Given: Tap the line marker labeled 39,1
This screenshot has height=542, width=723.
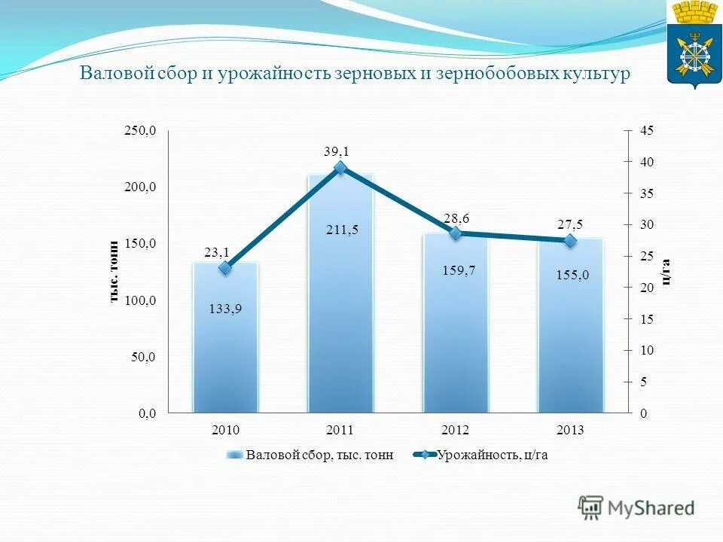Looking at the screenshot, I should (340, 168).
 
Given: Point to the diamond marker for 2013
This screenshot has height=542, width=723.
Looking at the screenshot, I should (570, 241).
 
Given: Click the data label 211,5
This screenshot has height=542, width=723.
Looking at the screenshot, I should (342, 230).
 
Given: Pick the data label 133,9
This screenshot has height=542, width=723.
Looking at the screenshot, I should (226, 308).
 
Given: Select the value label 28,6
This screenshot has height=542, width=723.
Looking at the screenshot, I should (456, 218).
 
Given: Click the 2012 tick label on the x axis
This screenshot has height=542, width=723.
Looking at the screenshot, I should (456, 431).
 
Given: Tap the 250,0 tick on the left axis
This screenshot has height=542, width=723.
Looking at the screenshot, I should (141, 131).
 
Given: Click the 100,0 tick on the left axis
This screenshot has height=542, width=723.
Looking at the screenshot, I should (141, 300).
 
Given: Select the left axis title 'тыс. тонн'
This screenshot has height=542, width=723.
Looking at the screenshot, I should (114, 272).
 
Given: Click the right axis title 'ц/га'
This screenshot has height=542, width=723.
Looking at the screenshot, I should (665, 272).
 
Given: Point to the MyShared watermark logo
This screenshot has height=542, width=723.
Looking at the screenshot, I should (637, 508).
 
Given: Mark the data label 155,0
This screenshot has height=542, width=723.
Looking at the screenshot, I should (572, 276).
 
